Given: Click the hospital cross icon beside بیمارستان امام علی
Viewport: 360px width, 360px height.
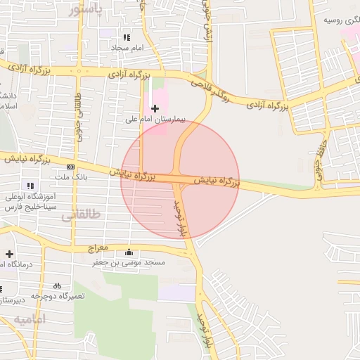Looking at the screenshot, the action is coord(155,108).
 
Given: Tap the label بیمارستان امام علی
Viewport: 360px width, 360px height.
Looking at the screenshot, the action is coord(155,120).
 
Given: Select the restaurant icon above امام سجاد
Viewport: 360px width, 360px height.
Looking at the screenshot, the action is coord(127,37).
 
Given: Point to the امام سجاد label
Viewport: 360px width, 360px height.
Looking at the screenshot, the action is coord(127,47).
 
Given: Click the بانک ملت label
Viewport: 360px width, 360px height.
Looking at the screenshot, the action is coord(70,177).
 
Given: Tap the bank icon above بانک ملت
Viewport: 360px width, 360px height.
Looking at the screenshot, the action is coord(70,167).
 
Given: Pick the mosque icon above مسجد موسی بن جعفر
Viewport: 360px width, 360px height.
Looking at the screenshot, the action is coord(128,252).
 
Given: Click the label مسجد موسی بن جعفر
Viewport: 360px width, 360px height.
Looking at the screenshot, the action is coord(129,262).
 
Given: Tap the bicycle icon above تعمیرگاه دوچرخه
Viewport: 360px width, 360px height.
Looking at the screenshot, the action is coord(58,285).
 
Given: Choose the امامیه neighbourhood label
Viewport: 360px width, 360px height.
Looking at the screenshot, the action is coord(28,320).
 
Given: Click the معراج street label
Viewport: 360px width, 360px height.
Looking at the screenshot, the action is coord(97,249).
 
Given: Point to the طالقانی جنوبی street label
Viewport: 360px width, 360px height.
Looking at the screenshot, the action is coord(79,115).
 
